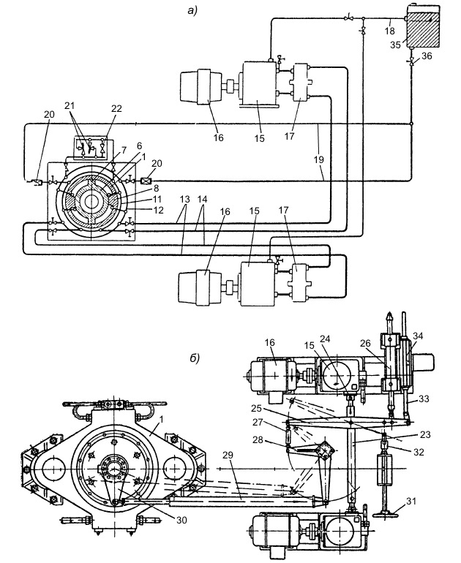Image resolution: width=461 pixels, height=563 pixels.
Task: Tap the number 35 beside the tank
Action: (x=396, y=45)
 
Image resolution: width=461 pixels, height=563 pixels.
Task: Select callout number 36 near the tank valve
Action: (x=427, y=56)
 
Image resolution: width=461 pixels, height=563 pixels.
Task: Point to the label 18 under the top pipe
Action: (x=390, y=31)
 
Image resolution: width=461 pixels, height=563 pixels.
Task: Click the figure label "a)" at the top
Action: (x=192, y=10)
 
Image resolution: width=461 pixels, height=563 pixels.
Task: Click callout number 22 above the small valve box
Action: (x=116, y=108)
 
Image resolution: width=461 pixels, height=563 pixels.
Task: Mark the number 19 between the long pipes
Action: (x=319, y=160)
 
